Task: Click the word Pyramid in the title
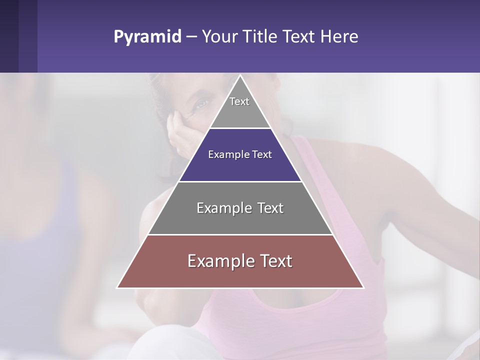point(147,37)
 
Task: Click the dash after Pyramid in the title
point(191,37)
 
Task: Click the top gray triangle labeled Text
point(240,112)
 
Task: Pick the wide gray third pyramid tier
point(240,220)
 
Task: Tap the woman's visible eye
point(201,103)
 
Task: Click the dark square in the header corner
point(9,36)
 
